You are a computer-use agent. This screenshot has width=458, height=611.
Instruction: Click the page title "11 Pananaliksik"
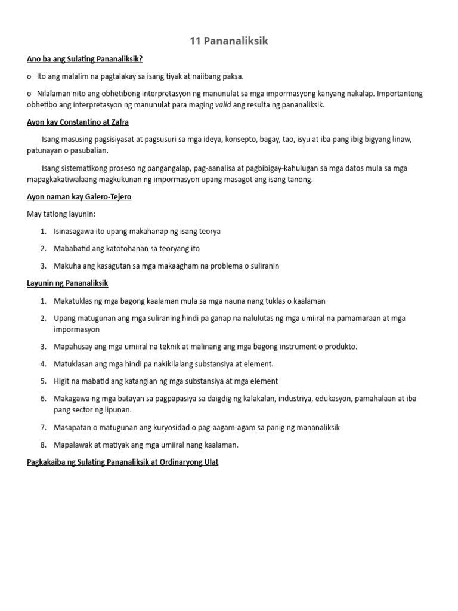[x=229, y=41]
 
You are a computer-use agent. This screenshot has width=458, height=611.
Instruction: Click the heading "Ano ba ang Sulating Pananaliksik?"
[x=85, y=60]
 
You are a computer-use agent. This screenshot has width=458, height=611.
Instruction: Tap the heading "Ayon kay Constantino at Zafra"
[x=78, y=122]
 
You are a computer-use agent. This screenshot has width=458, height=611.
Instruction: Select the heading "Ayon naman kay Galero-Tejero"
[x=79, y=197]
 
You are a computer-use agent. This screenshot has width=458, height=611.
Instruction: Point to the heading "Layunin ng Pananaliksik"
[x=67, y=283]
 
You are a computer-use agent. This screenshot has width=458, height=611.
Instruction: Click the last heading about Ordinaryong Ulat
[x=123, y=462]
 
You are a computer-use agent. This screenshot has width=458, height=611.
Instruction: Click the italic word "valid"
[x=223, y=104]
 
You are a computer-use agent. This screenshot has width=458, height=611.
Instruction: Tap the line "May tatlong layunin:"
[x=61, y=214]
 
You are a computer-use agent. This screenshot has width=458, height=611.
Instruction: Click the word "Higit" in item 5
[x=63, y=381]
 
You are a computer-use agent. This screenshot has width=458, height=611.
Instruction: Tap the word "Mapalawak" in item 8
[x=73, y=445]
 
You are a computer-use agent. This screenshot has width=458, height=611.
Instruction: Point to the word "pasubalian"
[x=89, y=151]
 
